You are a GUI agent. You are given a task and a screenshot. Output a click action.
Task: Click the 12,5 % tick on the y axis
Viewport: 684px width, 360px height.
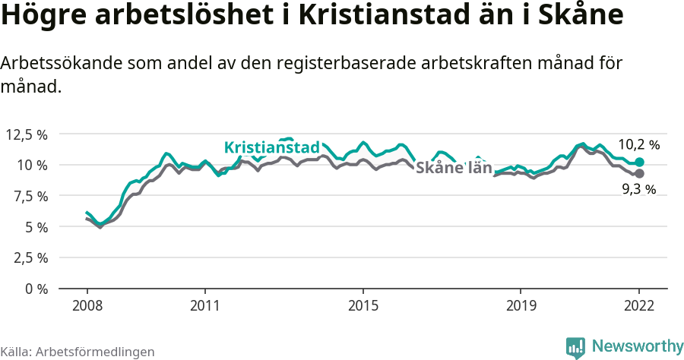click(27, 134)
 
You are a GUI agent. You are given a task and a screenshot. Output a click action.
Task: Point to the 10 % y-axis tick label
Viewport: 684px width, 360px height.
click(33, 165)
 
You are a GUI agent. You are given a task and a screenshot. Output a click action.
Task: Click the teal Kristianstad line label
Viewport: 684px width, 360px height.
click(272, 147)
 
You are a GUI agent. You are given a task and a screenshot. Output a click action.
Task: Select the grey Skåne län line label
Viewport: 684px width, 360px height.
click(454, 168)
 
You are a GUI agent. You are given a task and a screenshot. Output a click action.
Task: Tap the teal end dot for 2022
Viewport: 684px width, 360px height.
click(639, 163)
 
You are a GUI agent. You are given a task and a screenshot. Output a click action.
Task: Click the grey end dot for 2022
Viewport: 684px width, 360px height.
click(639, 173)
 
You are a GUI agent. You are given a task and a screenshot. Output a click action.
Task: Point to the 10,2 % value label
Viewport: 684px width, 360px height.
click(638, 144)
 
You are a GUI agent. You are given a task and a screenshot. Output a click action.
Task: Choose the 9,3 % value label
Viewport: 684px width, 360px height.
click(638, 191)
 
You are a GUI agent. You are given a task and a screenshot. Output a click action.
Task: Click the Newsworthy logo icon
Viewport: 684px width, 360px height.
click(575, 347)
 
